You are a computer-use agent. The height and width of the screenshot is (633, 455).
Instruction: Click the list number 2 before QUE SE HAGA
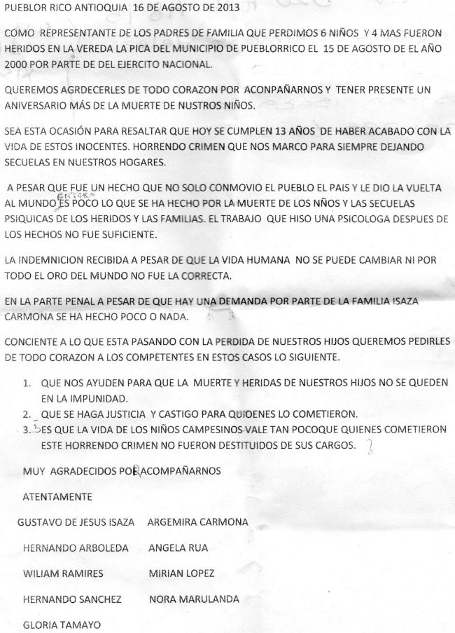pos(26,412)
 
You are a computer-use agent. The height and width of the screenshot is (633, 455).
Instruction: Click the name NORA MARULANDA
pos(194,599)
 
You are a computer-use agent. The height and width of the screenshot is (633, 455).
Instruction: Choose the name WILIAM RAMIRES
pos(63,573)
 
